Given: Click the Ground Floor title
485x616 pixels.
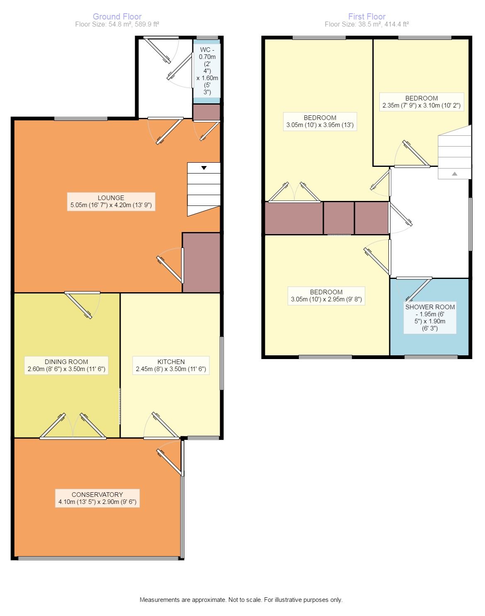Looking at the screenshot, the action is pos(117,16).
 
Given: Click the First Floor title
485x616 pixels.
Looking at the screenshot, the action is pos(366,16).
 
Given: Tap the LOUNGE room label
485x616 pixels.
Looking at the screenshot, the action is pos(111,201).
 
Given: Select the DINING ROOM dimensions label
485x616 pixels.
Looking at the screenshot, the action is pos(66,366).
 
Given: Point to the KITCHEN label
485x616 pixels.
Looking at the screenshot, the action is pos(171,366).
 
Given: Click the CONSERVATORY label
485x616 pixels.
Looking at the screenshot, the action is pos(97,499).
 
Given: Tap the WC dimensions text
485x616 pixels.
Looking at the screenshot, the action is pos(207,71).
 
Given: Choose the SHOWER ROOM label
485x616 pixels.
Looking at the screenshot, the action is pos(430,318).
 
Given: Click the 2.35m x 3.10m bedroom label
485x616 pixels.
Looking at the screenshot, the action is pos(422,102).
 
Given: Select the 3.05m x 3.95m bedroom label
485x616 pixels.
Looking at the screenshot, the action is pos(320,121).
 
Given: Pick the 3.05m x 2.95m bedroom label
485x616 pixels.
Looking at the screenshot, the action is pos(326,296).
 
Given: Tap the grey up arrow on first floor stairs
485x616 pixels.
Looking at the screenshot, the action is pos(455,174).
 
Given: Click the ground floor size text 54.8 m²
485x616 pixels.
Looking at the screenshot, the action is pos(117,24).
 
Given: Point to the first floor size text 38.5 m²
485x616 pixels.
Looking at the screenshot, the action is pos(366,24).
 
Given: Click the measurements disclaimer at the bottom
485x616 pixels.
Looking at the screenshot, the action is pos(241,600).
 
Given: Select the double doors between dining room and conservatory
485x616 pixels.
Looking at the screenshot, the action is pos(73,426).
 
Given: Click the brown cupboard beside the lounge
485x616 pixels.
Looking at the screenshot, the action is pos(201,263).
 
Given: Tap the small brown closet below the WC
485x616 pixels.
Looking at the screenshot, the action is pos(206,112).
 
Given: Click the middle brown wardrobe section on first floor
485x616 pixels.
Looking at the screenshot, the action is pos(339,218).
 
